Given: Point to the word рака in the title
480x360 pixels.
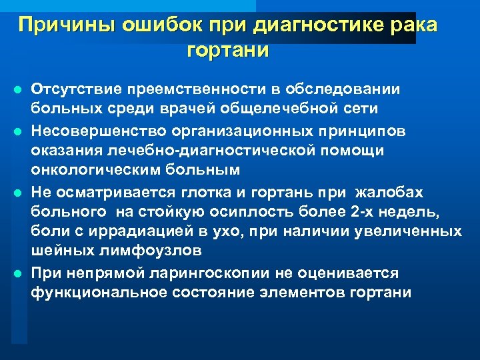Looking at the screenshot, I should (x=415, y=25).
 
